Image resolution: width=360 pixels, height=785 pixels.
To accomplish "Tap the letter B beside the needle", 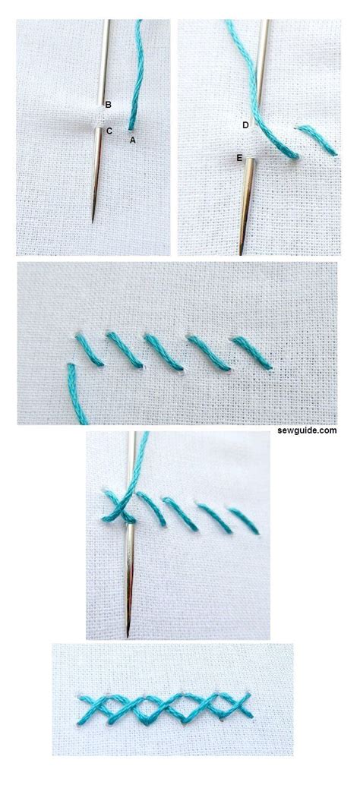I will [x=109, y=104].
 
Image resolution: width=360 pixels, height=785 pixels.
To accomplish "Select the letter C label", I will [x=109, y=131].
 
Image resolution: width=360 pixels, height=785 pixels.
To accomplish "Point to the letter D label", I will [x=245, y=125].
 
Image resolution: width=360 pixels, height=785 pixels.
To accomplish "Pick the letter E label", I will [x=240, y=157].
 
